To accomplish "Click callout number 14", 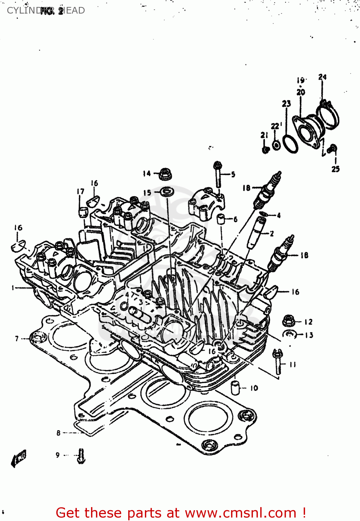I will (147, 173).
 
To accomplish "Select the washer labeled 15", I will (167, 191).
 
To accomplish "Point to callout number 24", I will (322, 77).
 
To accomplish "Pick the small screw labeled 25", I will (332, 149).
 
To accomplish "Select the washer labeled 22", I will (276, 145).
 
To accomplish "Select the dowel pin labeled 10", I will (236, 388).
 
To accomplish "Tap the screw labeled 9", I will (81, 456).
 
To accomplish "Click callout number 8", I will (58, 433).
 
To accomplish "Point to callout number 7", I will (17, 338).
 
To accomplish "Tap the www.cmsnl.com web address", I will (240, 513).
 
